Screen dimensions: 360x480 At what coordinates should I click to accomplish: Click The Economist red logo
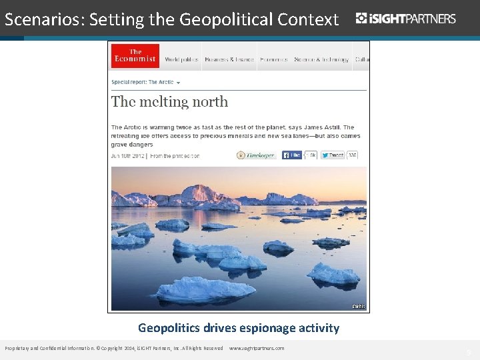[x=135, y=56]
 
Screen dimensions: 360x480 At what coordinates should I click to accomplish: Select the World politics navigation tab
[x=181, y=60]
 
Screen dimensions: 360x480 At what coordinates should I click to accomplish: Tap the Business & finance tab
[x=229, y=60]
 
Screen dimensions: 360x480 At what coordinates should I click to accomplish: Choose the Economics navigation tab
[x=273, y=60]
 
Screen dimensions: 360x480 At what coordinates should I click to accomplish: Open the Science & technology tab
[x=321, y=60]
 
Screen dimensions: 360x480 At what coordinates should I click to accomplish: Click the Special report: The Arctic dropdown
[x=145, y=82]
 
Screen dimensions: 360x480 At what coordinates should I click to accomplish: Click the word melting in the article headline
[x=169, y=102]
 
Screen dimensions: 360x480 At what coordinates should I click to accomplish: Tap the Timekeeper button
[x=255, y=155]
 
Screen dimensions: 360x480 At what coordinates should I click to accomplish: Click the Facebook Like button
[x=292, y=155]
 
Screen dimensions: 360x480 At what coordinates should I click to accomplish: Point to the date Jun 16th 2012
[x=129, y=156]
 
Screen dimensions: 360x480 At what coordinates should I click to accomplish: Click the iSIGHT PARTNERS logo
[x=406, y=18]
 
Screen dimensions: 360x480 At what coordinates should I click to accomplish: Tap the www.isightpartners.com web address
[x=257, y=349]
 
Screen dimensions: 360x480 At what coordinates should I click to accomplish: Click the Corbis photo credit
[x=359, y=307]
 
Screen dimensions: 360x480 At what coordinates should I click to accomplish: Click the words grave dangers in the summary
[x=132, y=145]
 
